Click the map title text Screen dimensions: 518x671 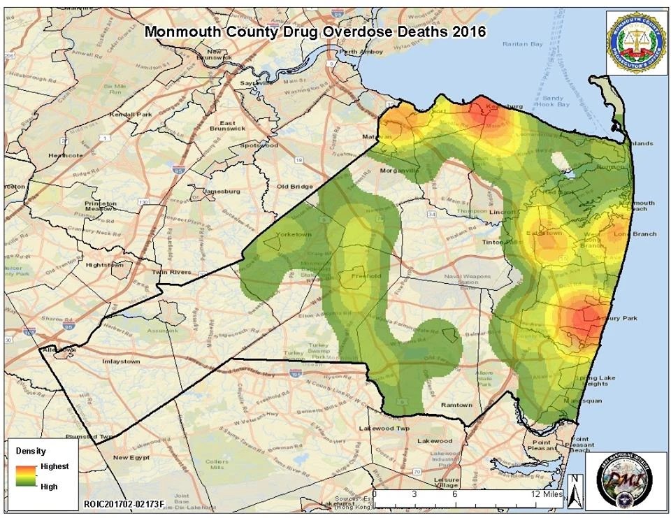(x=315, y=31)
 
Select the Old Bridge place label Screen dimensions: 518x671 (x=293, y=187)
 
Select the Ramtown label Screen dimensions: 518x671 (x=457, y=405)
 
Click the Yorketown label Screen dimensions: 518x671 (x=294, y=234)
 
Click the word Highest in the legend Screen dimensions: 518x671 (x=55, y=466)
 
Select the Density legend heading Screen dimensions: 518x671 (x=31, y=451)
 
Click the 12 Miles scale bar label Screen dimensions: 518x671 (x=546, y=494)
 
